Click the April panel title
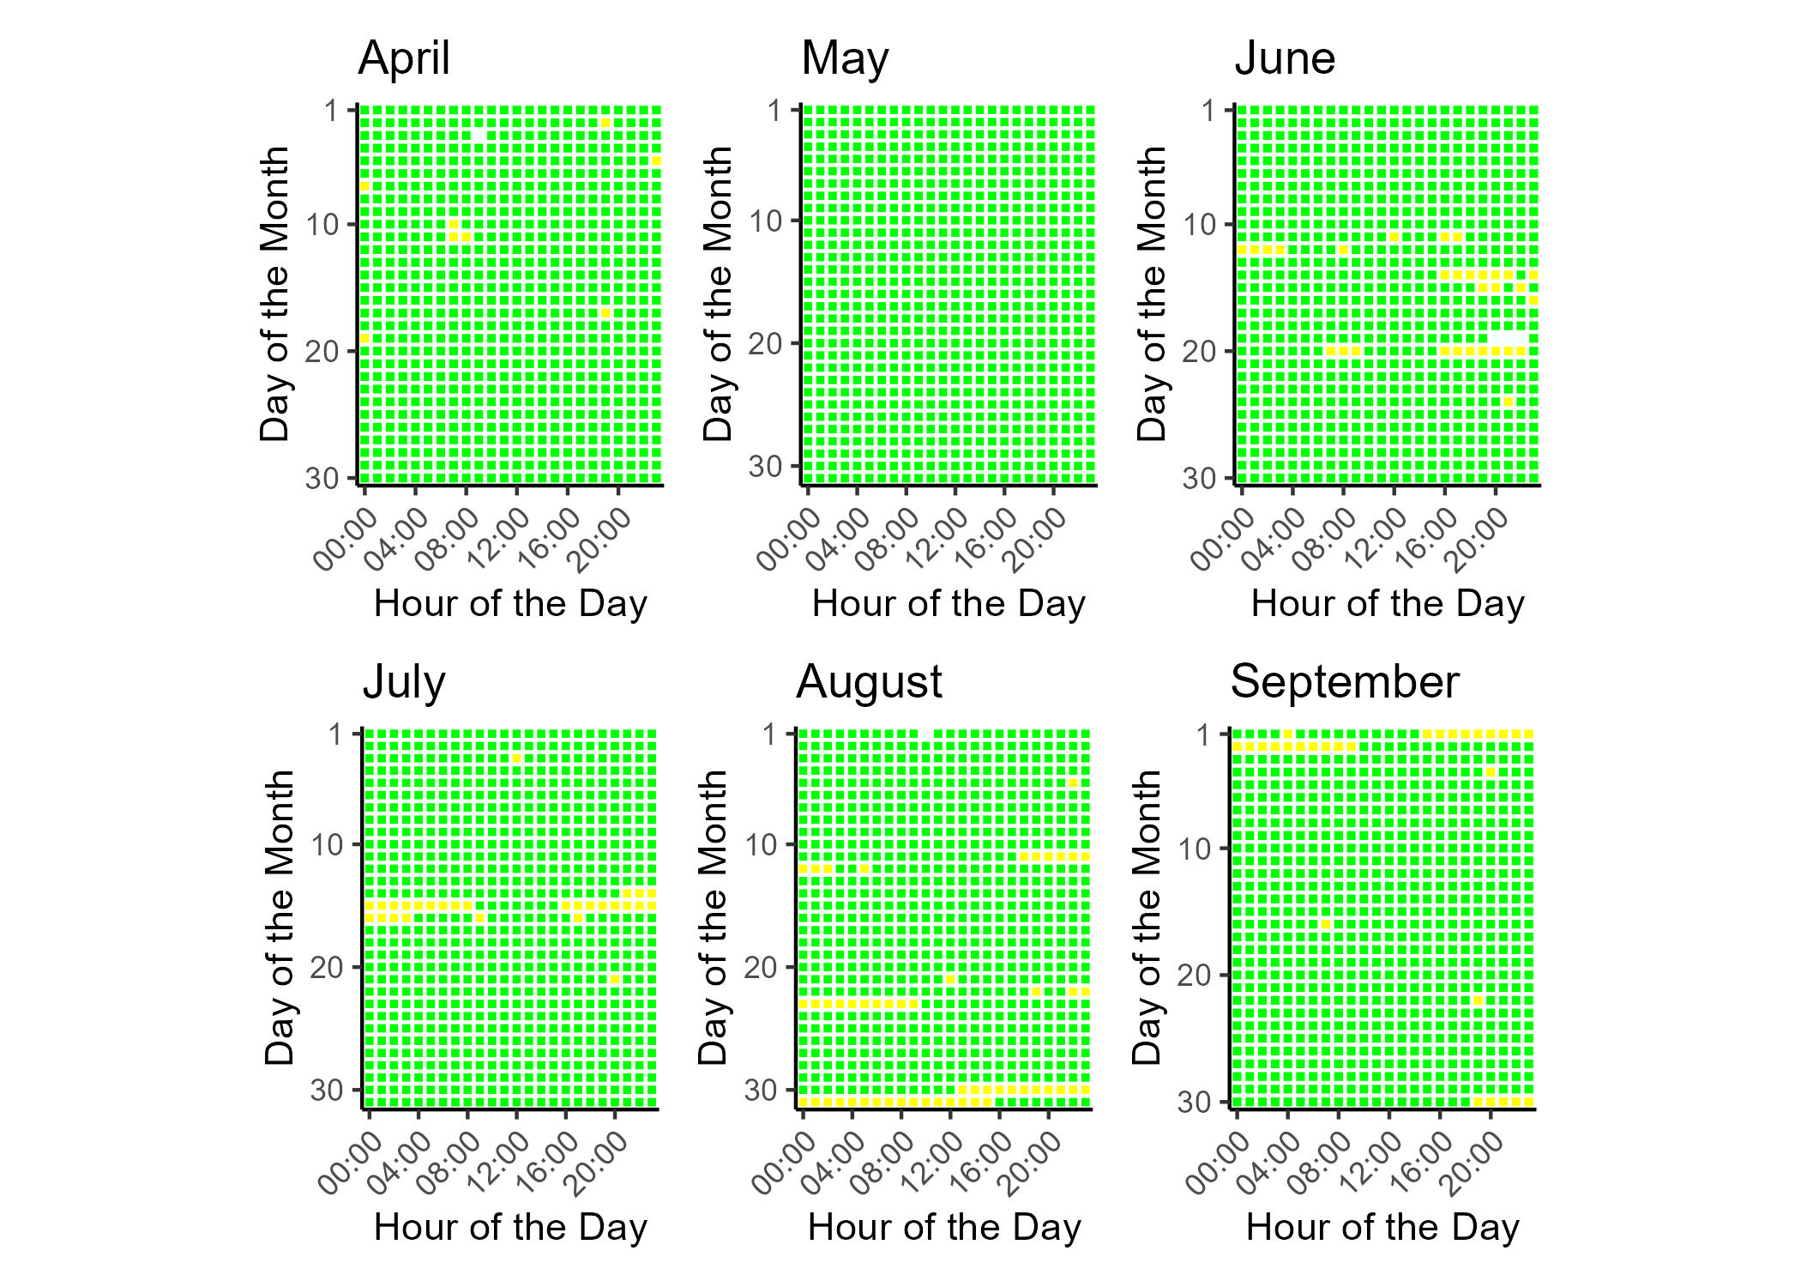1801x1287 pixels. (404, 59)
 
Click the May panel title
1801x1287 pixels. (845, 59)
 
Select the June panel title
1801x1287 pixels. (1285, 59)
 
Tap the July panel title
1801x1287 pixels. (404, 683)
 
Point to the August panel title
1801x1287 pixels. (869, 683)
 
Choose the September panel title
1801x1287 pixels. (1344, 683)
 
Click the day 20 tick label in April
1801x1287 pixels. (322, 351)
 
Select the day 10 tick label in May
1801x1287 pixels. (766, 221)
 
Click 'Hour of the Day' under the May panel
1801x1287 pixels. (949, 604)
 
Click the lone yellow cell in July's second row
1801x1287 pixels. (516, 758)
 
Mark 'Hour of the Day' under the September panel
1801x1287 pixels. (1382, 1228)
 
